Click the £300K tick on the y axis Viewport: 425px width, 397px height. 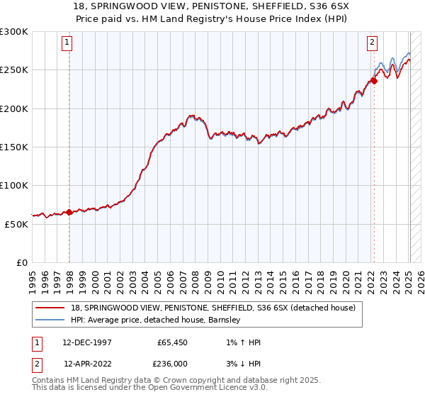click(x=14, y=32)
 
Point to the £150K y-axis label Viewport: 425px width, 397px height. click(x=14, y=147)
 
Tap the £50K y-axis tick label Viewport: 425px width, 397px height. click(x=16, y=224)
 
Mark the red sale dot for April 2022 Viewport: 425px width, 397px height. click(x=374, y=81)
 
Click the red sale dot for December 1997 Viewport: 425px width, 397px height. click(x=69, y=212)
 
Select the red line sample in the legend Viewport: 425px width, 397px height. click(x=52, y=308)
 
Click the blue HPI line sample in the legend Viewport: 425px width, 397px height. click(x=52, y=320)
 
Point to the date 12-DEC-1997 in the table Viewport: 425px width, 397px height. click(x=87, y=342)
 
